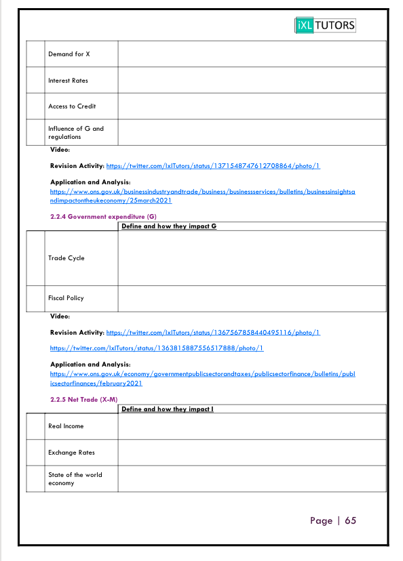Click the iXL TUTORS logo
pyautogui.click(x=325, y=26)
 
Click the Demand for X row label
pyautogui.click(x=69, y=54)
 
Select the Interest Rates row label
pyautogui.click(x=68, y=81)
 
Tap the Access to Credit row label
pyautogui.click(x=72, y=106)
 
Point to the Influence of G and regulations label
pyautogui.click(x=75, y=132)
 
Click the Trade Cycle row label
pyautogui.click(x=66, y=258)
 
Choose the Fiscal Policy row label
pyautogui.click(x=66, y=298)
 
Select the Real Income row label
pyautogui.click(x=66, y=426)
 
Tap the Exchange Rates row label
pyautogui.click(x=71, y=453)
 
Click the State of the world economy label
pyautogui.click(x=75, y=479)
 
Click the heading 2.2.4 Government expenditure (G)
pyautogui.click(x=103, y=216)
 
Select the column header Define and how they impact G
pyautogui.click(x=169, y=226)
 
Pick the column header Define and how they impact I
pyautogui.click(x=168, y=409)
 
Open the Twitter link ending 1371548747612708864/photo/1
pyautogui.click(x=213, y=165)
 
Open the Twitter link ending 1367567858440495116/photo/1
pyautogui.click(x=213, y=333)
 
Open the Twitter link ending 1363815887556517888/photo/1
pyautogui.click(x=157, y=348)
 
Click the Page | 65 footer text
pyautogui.click(x=333, y=520)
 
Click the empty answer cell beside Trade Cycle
pyautogui.click(x=252, y=258)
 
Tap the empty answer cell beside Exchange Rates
pyautogui.click(x=252, y=453)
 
